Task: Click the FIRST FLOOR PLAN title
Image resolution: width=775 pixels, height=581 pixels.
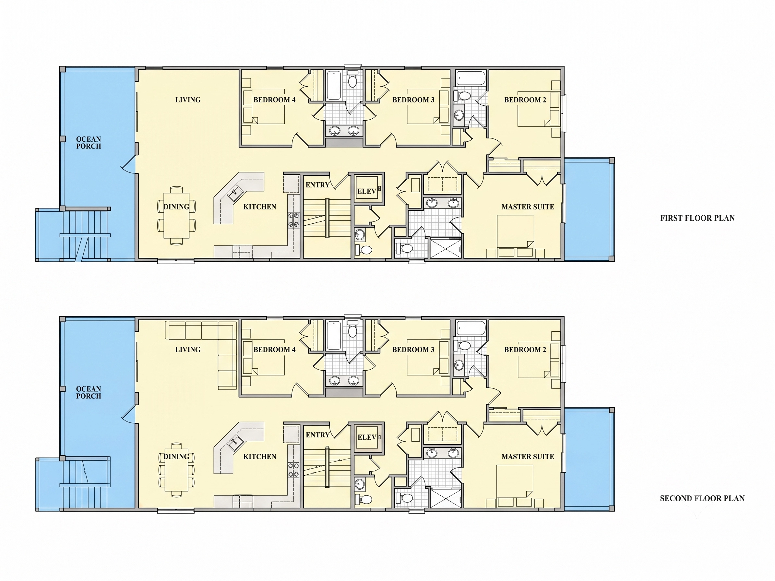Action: pos(697,218)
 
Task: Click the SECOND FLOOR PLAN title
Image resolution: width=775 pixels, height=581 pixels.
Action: pos(702,498)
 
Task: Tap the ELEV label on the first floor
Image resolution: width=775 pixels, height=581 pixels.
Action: pos(366,191)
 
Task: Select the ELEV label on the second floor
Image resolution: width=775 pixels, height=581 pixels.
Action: pos(367,437)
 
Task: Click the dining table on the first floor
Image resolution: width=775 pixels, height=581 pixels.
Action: pos(177,215)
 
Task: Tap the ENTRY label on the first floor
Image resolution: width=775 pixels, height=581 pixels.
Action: pos(317,185)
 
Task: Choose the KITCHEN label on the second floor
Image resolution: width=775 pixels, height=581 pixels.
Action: pos(260,457)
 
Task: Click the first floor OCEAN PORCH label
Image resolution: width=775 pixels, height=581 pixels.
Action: pos(89,143)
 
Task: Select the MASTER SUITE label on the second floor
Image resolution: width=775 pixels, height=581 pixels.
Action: pos(528,457)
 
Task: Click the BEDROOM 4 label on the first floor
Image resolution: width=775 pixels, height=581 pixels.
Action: pos(274,100)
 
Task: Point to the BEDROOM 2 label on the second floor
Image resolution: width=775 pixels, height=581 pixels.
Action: pos(525,350)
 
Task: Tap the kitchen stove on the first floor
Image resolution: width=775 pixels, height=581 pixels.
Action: pos(293,220)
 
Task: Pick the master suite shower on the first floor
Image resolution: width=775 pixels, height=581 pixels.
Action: pos(445,248)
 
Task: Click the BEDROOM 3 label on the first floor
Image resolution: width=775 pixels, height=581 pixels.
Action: pos(413,100)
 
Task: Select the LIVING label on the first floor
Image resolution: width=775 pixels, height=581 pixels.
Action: pos(188,100)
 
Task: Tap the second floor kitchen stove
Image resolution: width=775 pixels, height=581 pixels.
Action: pos(293,470)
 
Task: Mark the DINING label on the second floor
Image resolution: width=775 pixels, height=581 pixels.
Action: pos(176,457)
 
